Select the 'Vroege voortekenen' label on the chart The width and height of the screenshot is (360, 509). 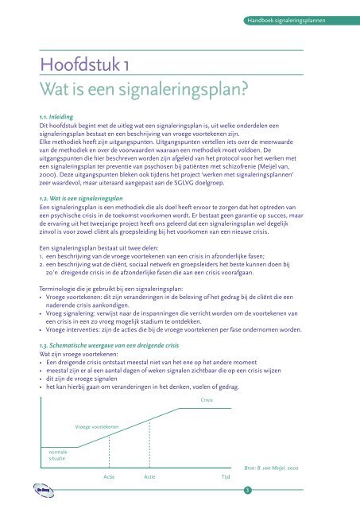tap(97, 426)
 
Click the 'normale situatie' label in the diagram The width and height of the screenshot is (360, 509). tap(58, 454)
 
